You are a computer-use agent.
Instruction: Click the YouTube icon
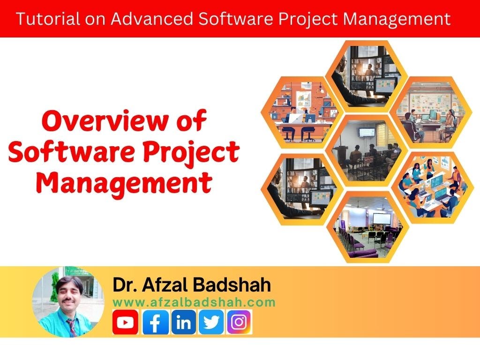(x=125, y=322)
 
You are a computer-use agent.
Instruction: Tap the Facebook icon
(x=156, y=322)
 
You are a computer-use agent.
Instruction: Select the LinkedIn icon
(x=184, y=322)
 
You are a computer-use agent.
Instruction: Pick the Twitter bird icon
(x=211, y=322)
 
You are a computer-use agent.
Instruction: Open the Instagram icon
(x=239, y=322)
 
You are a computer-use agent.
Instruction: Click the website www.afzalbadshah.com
(x=194, y=302)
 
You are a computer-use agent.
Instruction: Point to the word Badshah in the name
(x=232, y=285)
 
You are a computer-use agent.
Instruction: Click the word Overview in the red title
(x=105, y=121)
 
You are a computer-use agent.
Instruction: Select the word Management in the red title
(x=124, y=183)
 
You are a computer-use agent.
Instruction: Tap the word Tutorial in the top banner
(x=48, y=19)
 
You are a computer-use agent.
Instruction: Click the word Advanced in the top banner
(x=152, y=19)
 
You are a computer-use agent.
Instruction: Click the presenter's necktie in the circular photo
(x=72, y=327)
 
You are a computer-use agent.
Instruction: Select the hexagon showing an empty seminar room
(x=367, y=227)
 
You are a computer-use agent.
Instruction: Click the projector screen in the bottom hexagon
(x=382, y=218)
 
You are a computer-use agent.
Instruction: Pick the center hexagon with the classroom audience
(x=367, y=150)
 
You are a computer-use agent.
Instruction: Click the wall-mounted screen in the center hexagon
(x=367, y=132)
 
